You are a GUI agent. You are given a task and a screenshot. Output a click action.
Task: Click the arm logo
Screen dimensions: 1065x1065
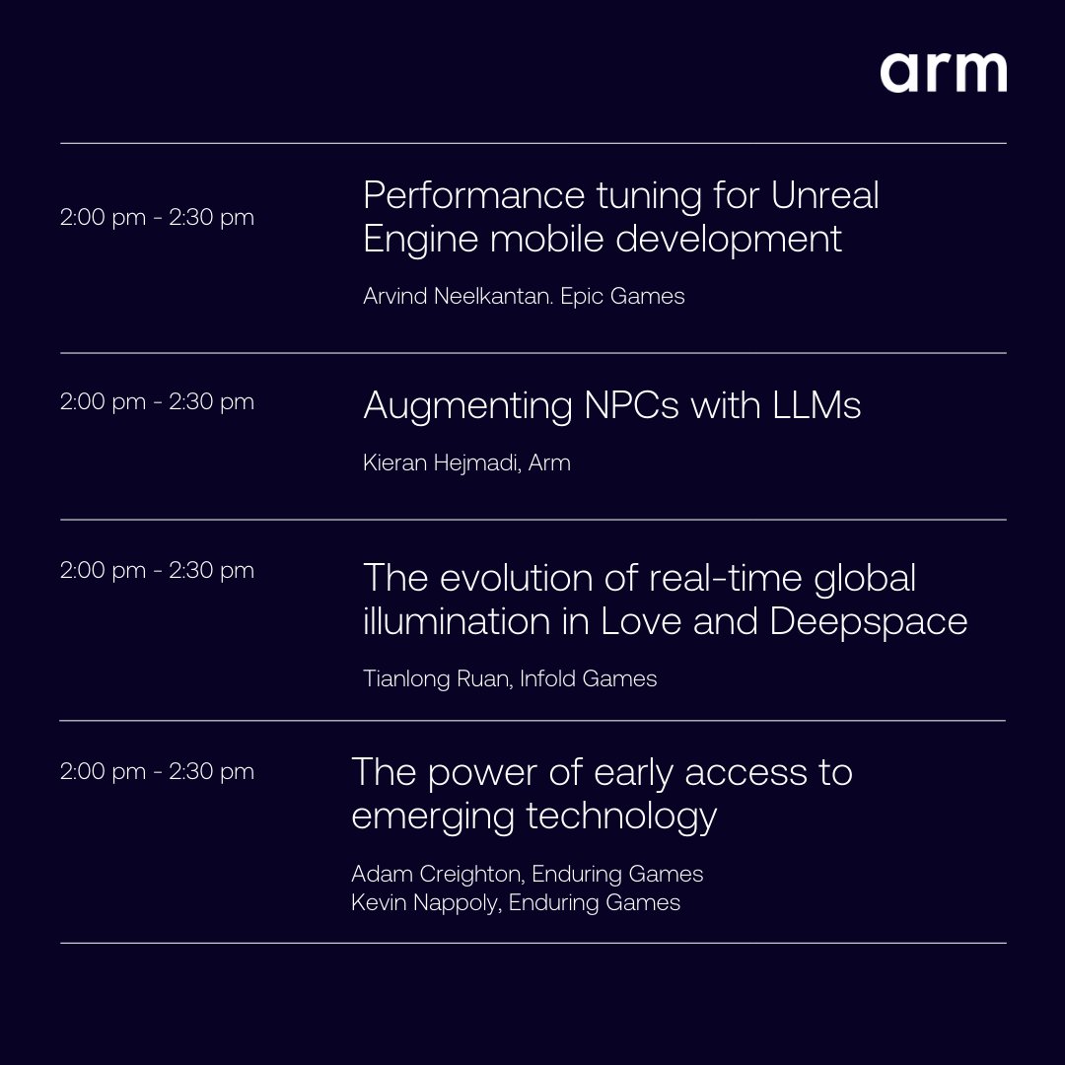[x=943, y=73]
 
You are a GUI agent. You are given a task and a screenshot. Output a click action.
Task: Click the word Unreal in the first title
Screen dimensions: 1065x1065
[x=824, y=195]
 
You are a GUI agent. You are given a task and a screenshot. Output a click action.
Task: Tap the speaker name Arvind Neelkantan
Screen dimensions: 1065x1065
[x=457, y=296]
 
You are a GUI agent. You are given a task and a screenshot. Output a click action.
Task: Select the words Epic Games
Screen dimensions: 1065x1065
[x=622, y=296]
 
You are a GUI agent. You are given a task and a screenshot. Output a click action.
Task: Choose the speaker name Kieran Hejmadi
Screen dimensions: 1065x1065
[x=441, y=462]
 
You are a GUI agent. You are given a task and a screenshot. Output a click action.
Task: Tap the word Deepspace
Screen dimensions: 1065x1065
[x=868, y=621]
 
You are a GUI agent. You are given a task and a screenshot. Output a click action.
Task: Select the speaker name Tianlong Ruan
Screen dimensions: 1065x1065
[x=436, y=678]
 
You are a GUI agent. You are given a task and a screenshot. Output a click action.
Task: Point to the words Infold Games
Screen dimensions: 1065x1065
[x=588, y=678]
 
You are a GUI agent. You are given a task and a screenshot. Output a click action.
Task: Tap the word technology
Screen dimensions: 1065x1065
[x=621, y=816]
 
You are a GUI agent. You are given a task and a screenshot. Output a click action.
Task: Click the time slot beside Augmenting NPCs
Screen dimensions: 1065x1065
[x=157, y=401]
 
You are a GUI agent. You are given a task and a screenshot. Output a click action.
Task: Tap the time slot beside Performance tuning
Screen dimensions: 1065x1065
[x=157, y=217]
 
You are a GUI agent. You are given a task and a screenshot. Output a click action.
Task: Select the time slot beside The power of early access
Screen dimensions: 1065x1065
[x=157, y=771]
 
